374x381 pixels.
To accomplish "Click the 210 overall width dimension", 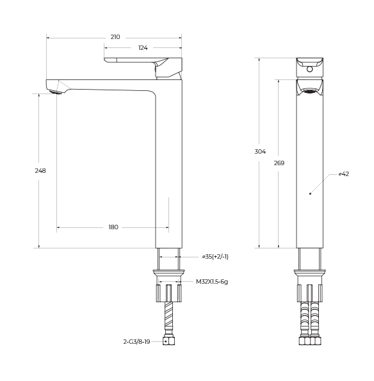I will click(115, 37).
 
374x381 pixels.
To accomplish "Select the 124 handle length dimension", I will click(143, 48).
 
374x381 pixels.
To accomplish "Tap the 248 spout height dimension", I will click(40, 171).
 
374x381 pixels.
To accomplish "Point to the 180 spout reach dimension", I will click(113, 227).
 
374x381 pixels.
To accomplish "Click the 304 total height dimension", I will click(259, 152).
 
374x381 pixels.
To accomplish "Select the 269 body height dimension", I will click(279, 163).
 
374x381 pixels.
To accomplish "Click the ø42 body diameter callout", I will click(343, 174).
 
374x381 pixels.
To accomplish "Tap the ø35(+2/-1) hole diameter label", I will click(215, 257).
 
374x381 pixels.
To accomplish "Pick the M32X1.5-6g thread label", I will click(212, 281).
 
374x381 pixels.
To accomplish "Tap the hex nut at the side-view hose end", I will click(169, 341).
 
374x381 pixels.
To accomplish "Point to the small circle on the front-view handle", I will click(310, 69).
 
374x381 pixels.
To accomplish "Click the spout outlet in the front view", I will click(310, 90).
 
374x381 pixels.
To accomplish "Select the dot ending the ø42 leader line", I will click(310, 193).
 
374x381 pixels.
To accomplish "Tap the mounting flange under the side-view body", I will click(169, 273).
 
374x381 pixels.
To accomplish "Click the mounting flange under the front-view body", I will click(310, 273).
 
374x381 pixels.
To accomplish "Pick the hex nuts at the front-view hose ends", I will click(310, 341).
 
